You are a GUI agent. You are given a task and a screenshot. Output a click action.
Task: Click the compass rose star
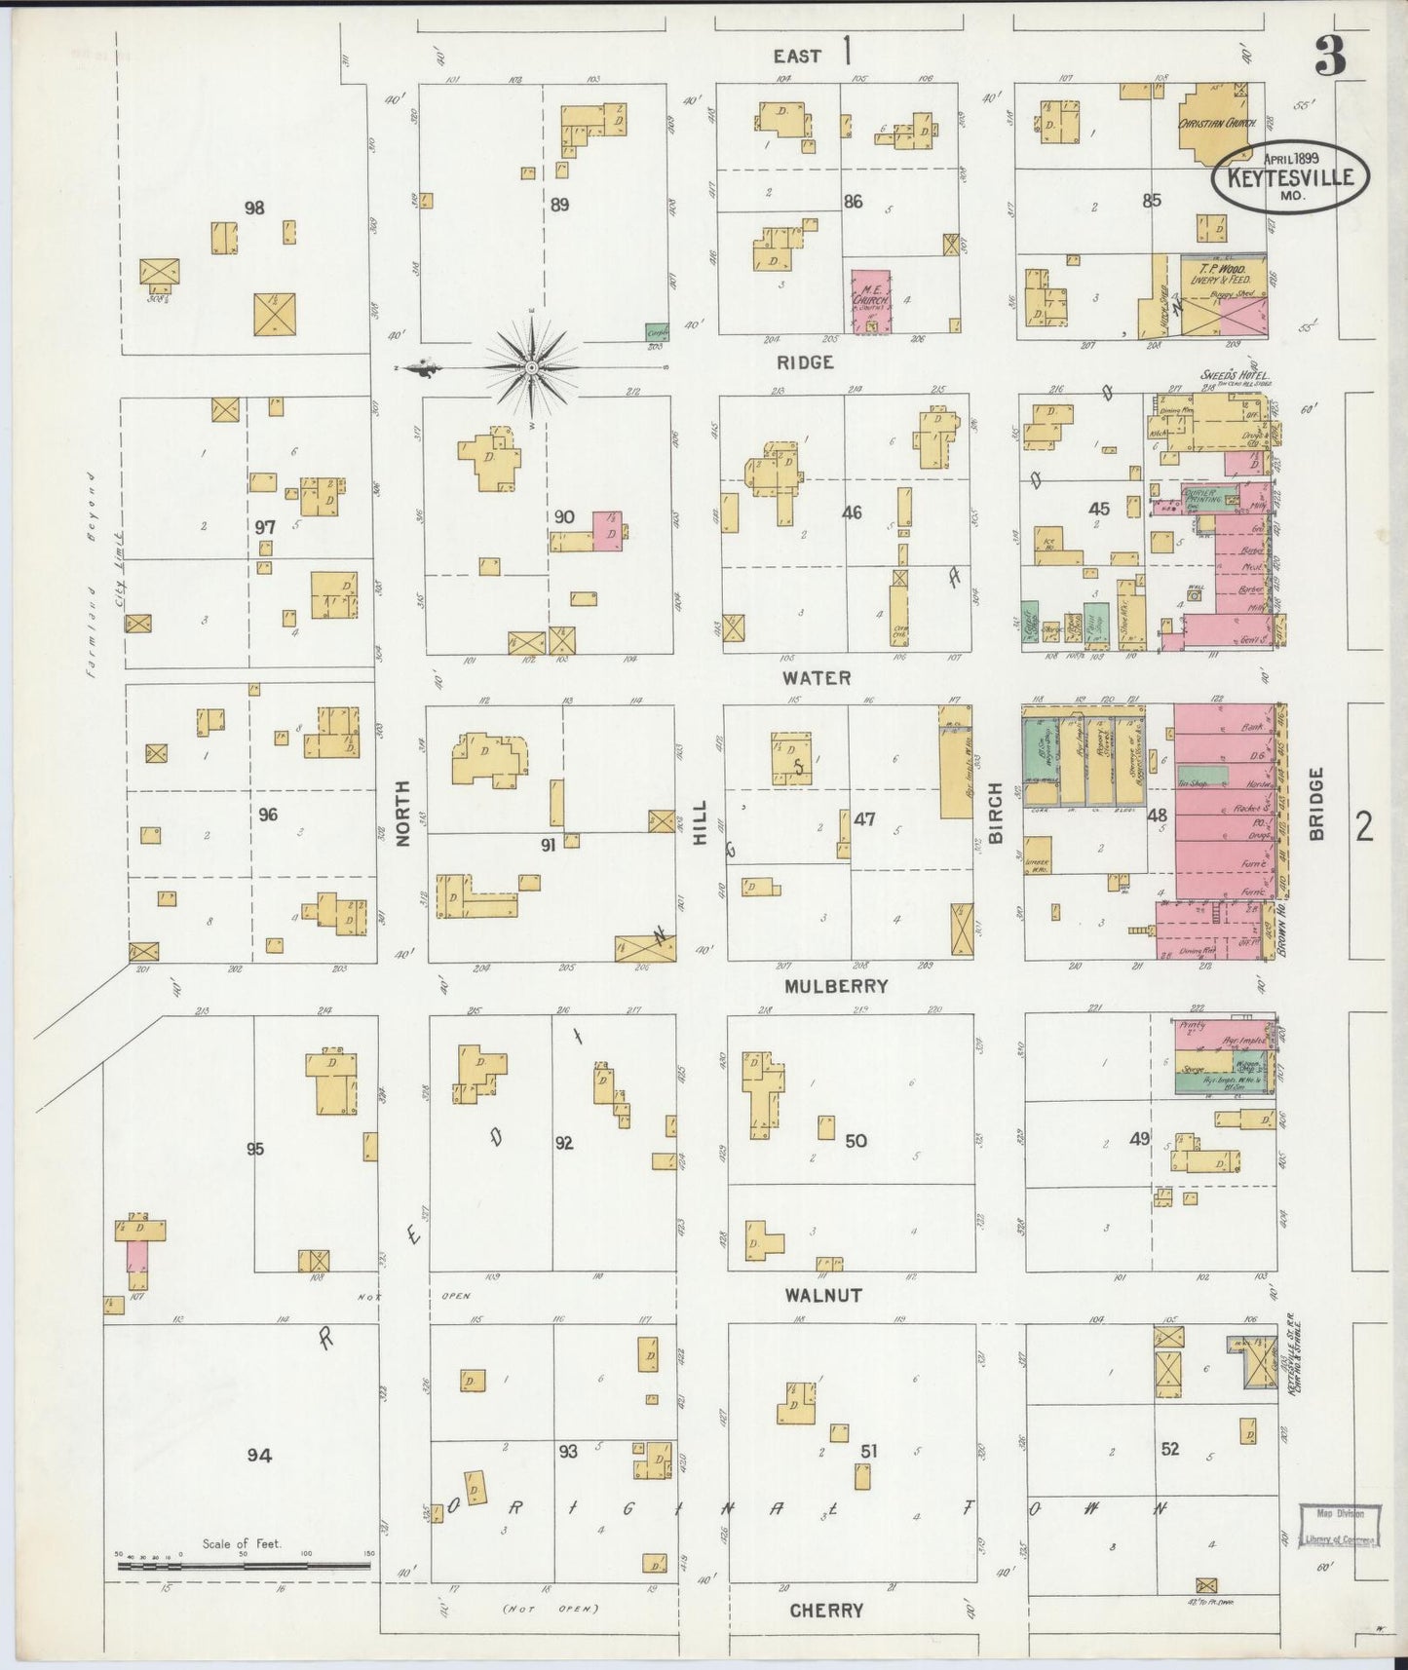[532, 367]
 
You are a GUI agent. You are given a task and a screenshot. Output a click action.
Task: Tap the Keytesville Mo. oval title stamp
[1290, 177]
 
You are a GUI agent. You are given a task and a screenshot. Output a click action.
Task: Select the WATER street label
[817, 677]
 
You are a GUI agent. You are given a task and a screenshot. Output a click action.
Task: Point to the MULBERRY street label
[836, 986]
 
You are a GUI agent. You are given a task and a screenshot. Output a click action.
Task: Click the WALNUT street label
[824, 1295]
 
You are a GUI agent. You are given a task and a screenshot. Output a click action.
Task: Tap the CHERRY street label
[826, 1611]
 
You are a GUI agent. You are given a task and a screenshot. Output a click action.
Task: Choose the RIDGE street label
[805, 361]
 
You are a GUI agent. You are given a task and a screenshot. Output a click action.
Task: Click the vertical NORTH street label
[403, 813]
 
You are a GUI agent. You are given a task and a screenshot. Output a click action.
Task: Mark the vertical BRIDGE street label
[1316, 805]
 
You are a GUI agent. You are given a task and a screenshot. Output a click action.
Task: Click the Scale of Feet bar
[243, 1566]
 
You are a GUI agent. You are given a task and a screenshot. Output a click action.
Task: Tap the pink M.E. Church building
[871, 302]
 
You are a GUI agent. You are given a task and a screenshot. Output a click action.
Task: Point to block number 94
[258, 1455]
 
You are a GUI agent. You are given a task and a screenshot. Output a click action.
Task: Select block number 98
[254, 208]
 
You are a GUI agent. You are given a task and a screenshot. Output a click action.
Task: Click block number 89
[559, 205]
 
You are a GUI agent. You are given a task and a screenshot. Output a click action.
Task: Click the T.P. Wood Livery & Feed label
[1224, 274]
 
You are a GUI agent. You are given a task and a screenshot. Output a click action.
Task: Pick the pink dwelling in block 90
[608, 531]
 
